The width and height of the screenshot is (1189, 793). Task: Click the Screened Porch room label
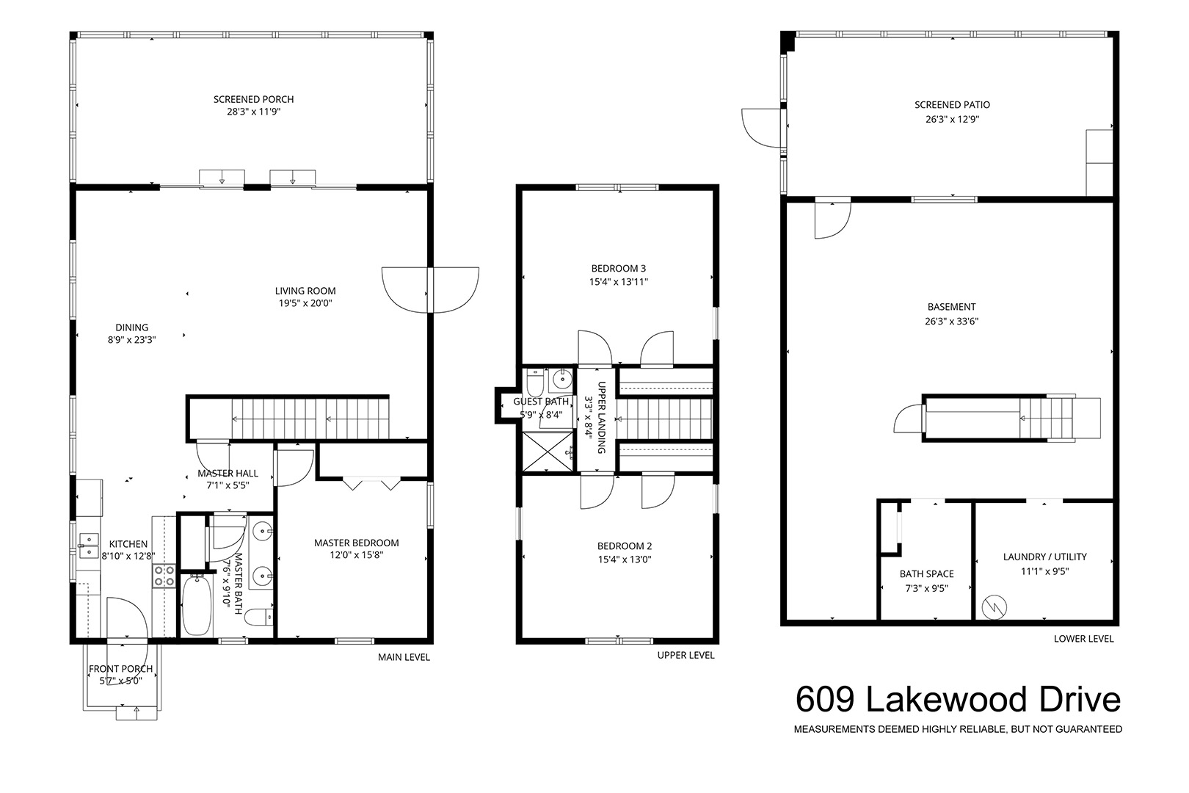(x=253, y=99)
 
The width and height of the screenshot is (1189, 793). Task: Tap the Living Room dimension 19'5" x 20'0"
(x=305, y=303)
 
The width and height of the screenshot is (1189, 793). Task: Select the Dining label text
(x=131, y=327)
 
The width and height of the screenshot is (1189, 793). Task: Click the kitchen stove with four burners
(x=164, y=576)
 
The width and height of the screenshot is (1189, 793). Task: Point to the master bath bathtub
(x=197, y=606)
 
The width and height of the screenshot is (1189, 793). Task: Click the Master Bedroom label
(x=356, y=543)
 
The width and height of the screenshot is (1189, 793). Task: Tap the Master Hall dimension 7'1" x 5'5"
(x=228, y=485)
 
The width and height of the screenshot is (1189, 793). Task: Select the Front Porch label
(x=120, y=669)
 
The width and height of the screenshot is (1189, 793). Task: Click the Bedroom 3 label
(x=619, y=268)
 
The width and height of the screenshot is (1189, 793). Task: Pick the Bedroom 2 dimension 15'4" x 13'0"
(x=624, y=559)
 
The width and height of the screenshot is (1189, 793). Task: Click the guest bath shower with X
(x=548, y=452)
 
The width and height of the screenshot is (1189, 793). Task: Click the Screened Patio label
(x=952, y=105)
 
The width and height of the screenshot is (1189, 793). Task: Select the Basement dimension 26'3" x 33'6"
(x=951, y=321)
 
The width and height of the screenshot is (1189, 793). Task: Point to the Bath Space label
(x=926, y=573)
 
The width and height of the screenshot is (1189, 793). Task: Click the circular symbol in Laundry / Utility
(x=995, y=606)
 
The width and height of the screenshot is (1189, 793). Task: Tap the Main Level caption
(x=404, y=657)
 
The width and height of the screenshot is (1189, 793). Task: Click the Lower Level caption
(x=1083, y=638)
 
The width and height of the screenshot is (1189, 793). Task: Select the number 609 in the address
(x=825, y=700)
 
